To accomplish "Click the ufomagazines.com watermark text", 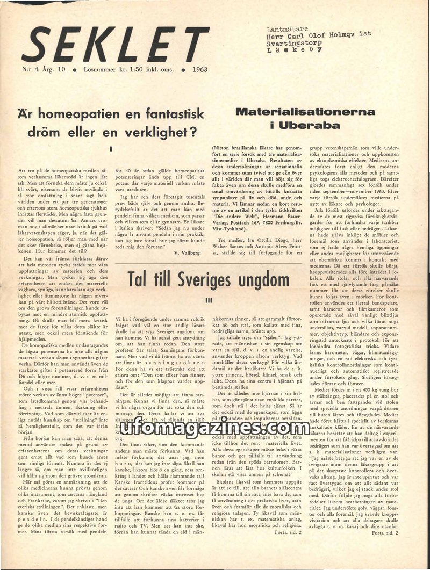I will (216, 428).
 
